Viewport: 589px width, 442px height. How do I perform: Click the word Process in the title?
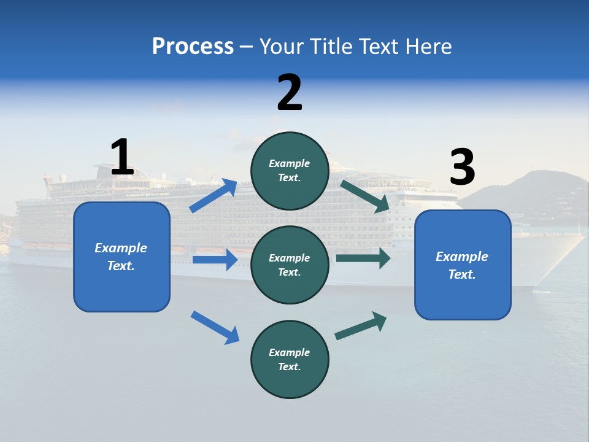click(193, 46)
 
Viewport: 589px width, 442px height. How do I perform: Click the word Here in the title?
click(428, 46)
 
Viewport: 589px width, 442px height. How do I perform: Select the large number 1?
click(122, 157)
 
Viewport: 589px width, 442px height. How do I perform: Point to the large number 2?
click(290, 93)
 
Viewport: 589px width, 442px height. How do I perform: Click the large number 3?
click(462, 167)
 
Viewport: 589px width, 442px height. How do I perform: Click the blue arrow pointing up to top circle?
click(214, 196)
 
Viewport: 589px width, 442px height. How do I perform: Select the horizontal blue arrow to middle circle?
click(215, 260)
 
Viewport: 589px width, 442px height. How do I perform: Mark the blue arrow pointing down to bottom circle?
click(215, 327)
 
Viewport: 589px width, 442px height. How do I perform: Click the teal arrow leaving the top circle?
click(364, 196)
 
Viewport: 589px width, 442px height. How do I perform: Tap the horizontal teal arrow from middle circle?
click(363, 258)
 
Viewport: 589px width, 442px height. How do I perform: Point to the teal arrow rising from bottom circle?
click(361, 326)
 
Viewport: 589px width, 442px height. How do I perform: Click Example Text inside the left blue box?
click(121, 257)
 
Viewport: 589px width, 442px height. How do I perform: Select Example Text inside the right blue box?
click(462, 265)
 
